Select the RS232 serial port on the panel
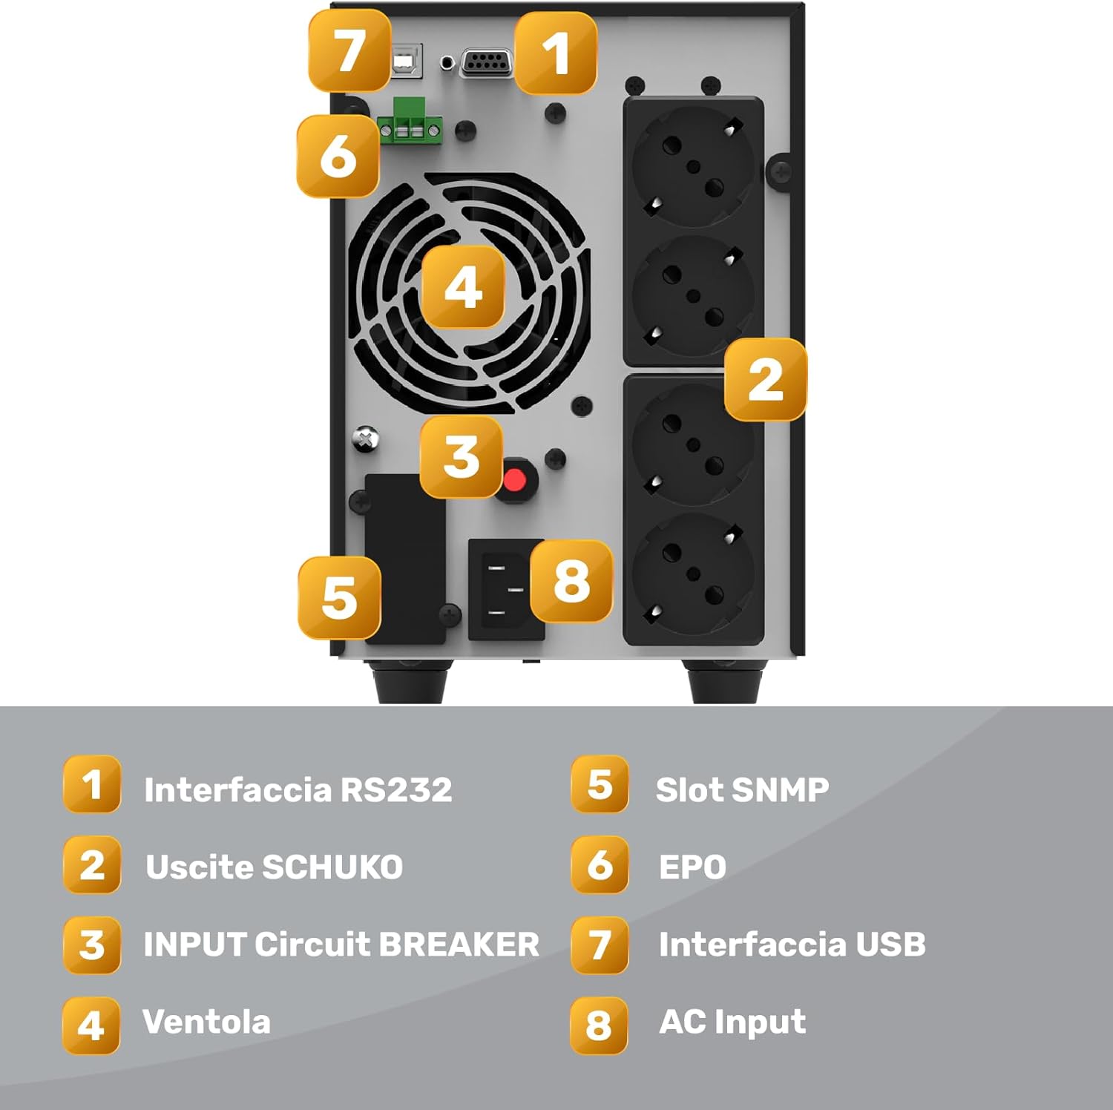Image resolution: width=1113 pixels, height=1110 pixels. pyautogui.click(x=487, y=62)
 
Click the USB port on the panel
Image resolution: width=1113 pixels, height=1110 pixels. pyautogui.click(x=407, y=61)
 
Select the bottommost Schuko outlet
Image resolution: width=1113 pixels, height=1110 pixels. pyautogui.click(x=693, y=574)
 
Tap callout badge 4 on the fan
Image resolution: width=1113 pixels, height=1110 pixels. pyautogui.click(x=463, y=287)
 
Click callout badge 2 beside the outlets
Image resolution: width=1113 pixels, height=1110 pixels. pyautogui.click(x=765, y=380)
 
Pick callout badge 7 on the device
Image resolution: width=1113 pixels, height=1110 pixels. pyautogui.click(x=349, y=50)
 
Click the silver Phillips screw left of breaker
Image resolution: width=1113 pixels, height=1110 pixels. pyautogui.click(x=365, y=439)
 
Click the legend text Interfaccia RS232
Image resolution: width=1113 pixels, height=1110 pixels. pyautogui.click(x=298, y=790)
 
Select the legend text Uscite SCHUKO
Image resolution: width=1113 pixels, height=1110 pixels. pyautogui.click(x=274, y=867)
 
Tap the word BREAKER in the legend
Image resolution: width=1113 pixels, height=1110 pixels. pyautogui.click(x=459, y=945)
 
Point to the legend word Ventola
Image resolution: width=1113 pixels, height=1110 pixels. pyautogui.click(x=206, y=1022)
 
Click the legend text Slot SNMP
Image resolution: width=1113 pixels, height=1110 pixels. pyautogui.click(x=742, y=790)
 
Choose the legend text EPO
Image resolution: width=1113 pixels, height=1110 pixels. pyautogui.click(x=692, y=867)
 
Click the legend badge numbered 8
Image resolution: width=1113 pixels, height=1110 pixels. pyautogui.click(x=599, y=1025)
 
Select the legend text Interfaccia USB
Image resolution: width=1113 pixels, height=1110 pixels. pyautogui.click(x=792, y=945)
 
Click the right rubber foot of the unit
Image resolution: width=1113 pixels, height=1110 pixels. pyautogui.click(x=724, y=684)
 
